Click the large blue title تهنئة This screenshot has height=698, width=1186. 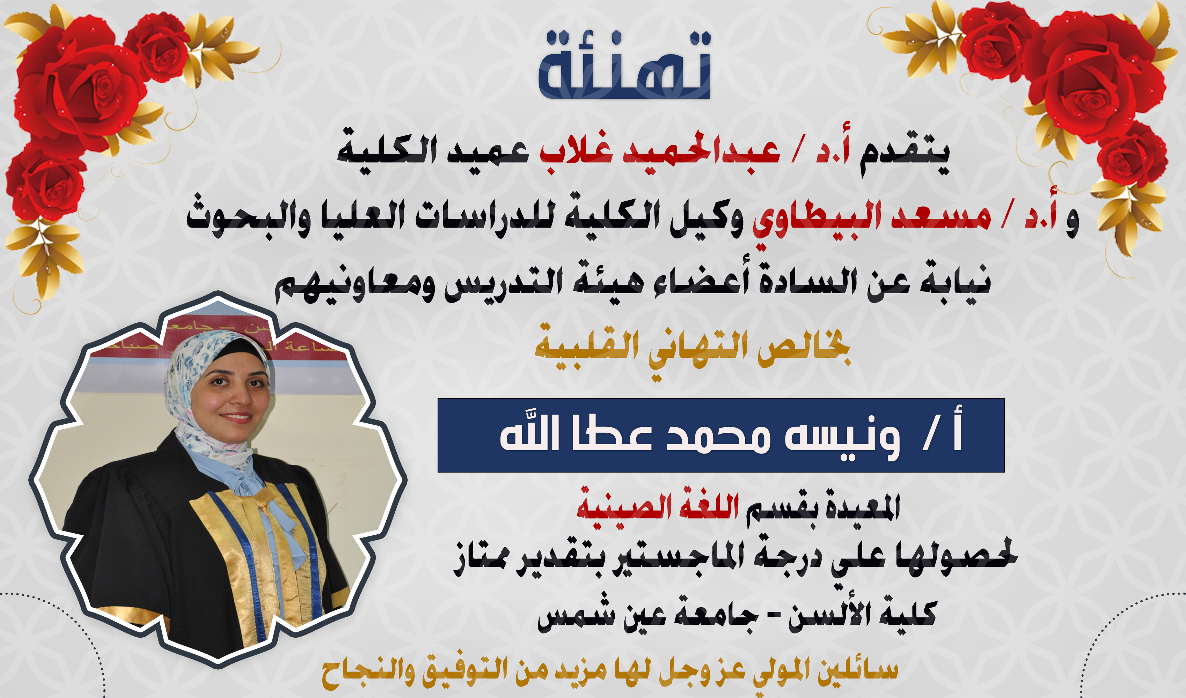(x=624, y=66)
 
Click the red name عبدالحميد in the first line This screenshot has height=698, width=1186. (x=701, y=151)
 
